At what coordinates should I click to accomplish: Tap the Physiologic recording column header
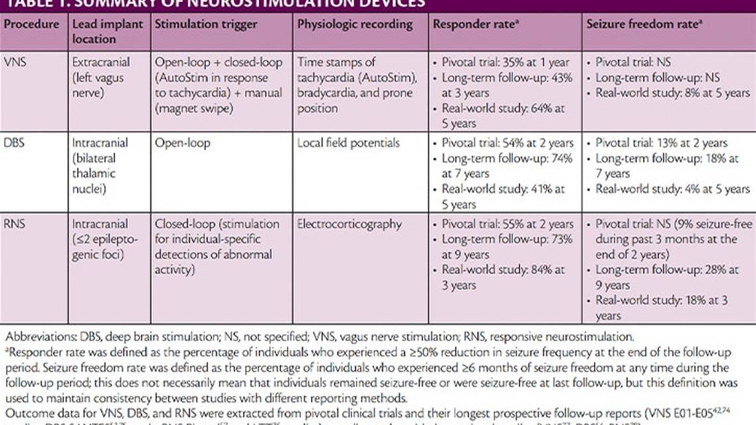(x=355, y=24)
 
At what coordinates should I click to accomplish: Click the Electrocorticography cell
(x=349, y=224)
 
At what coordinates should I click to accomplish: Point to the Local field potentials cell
(x=348, y=143)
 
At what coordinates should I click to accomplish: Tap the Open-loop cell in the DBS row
(x=182, y=143)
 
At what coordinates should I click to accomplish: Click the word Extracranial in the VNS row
(x=101, y=62)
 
